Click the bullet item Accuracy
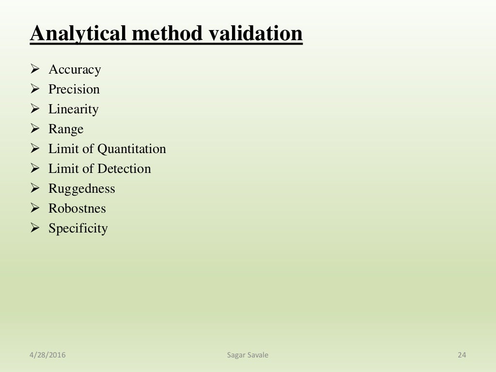pyautogui.click(x=75, y=70)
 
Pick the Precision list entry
pyautogui.click(x=74, y=90)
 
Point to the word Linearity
pyautogui.click(x=73, y=109)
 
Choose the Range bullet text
pyautogui.click(x=66, y=129)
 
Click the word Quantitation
pyautogui.click(x=132, y=149)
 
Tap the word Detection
pyautogui.click(x=124, y=169)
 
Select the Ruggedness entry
pyautogui.click(x=81, y=189)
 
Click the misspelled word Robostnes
pyautogui.click(x=77, y=209)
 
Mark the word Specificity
pyautogui.click(x=78, y=229)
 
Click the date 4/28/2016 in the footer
pyautogui.click(x=47, y=356)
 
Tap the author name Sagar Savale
pyautogui.click(x=248, y=356)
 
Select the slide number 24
pyautogui.click(x=462, y=356)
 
